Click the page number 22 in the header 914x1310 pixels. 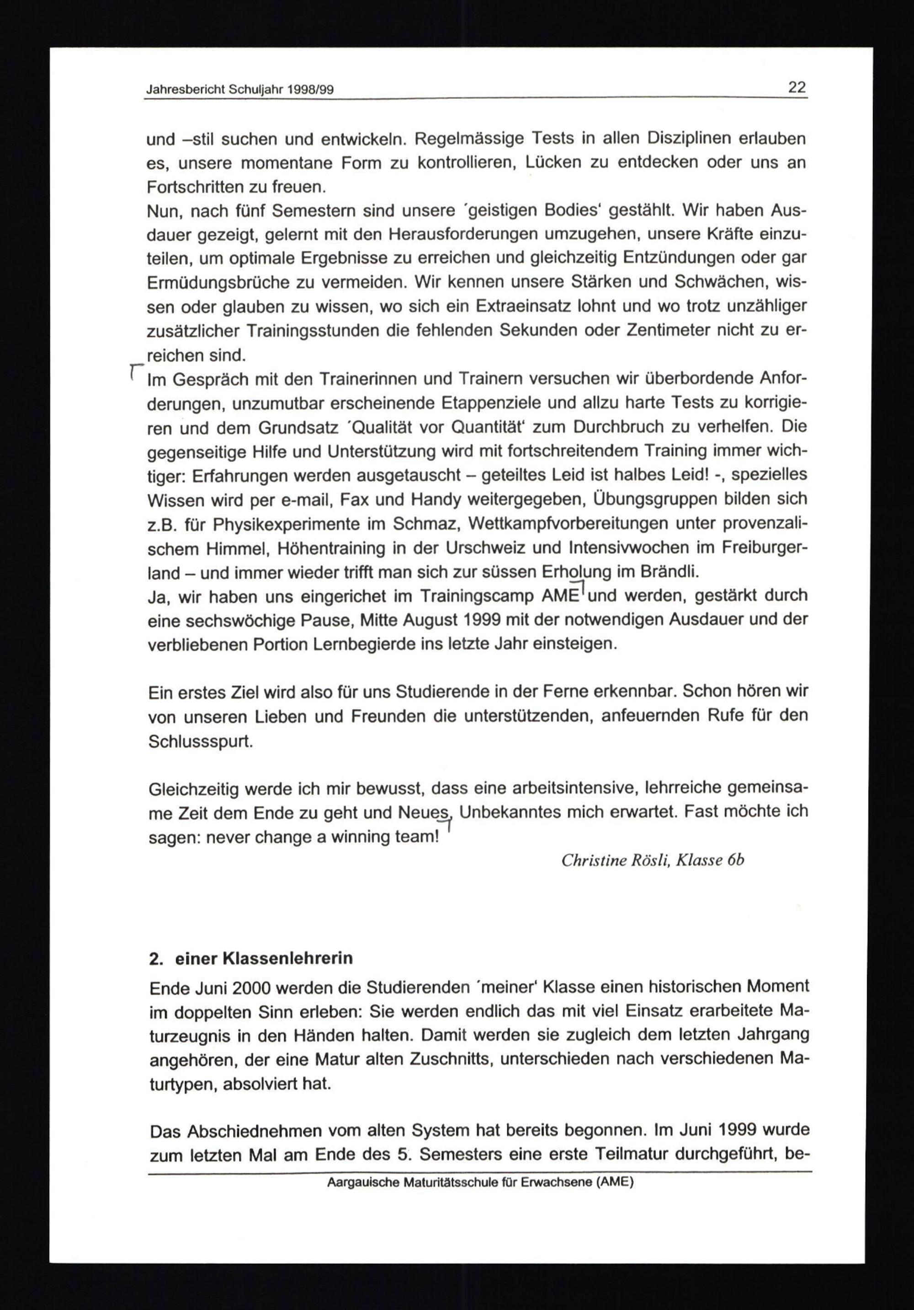click(797, 87)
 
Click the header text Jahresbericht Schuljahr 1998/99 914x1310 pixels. click(239, 90)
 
